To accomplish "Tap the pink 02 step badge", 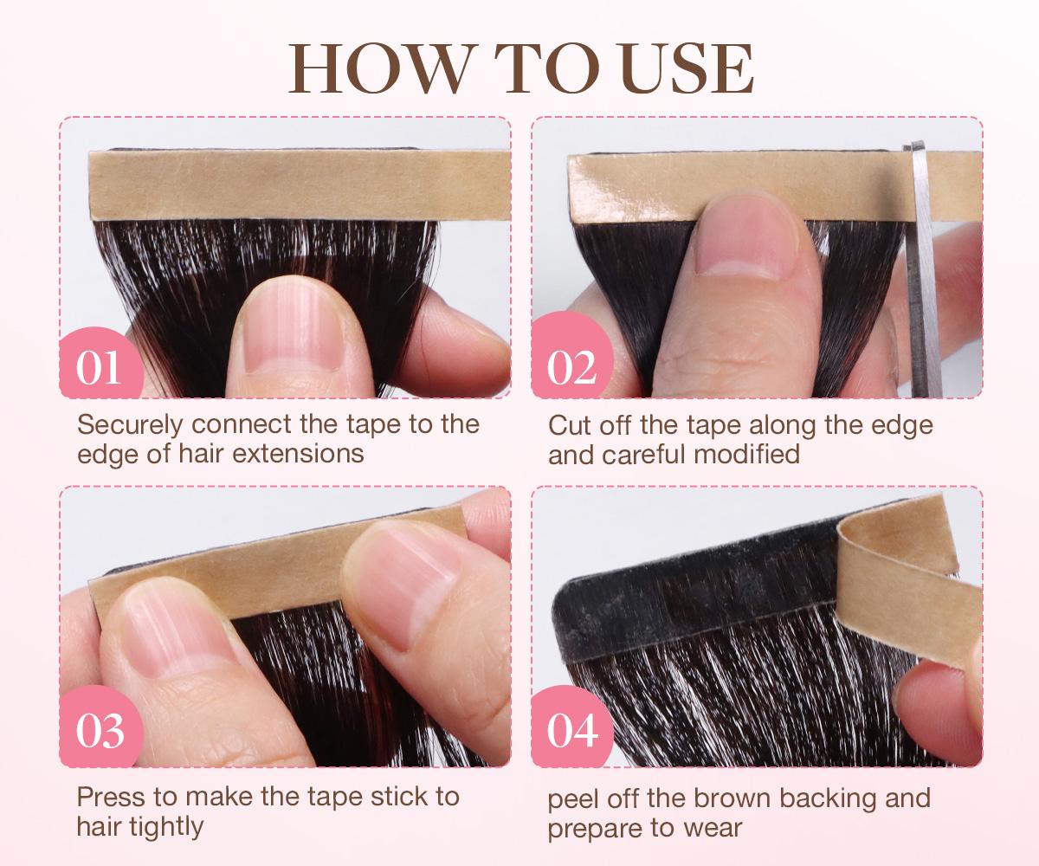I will (x=572, y=367).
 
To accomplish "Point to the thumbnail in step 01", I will (x=282, y=333).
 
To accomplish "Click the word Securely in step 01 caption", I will (x=131, y=425).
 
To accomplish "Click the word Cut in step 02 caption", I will (x=570, y=425).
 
